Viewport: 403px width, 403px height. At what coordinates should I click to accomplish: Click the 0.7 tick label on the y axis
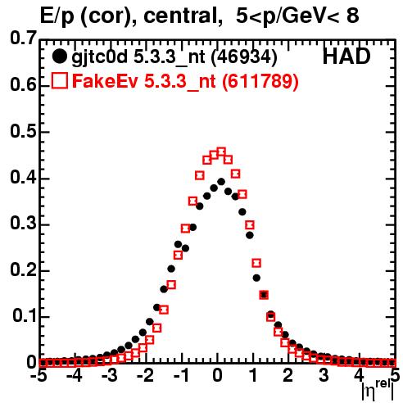pos(23,38)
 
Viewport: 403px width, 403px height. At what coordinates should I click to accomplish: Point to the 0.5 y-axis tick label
pos(23,131)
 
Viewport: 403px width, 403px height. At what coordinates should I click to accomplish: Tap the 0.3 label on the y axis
pos(23,224)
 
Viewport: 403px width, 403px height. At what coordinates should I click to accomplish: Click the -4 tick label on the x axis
pos(75,376)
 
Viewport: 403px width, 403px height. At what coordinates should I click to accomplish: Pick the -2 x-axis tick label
pos(146,376)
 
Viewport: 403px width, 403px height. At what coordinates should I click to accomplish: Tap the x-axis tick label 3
pos(324,376)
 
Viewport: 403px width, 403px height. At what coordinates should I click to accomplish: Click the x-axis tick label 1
pos(254,376)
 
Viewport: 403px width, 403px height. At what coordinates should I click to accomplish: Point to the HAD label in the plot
pos(346,57)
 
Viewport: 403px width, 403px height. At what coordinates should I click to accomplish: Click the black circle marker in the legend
pos(59,57)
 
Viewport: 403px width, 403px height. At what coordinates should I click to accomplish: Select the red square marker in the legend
pos(60,80)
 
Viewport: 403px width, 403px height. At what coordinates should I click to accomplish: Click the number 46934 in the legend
pos(244,57)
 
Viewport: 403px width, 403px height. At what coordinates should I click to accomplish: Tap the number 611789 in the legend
pos(260,81)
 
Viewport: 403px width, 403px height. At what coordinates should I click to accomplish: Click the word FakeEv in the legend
pos(105,81)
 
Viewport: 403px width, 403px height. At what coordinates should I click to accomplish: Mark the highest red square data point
pos(221,152)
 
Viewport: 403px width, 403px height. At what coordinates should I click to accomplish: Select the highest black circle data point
pos(221,182)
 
